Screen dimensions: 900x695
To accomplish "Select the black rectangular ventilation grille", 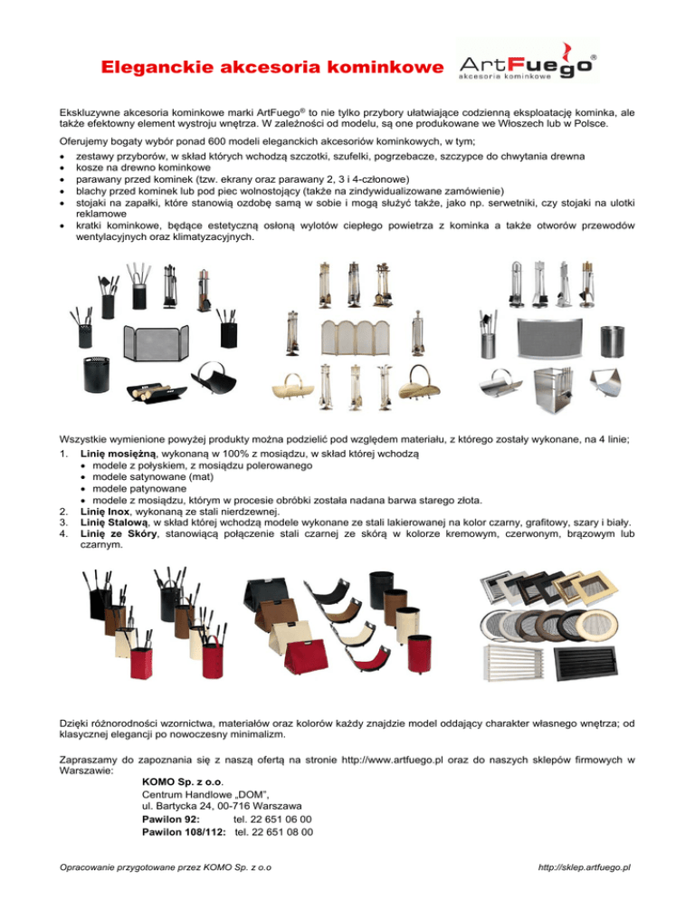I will click(x=580, y=661).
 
